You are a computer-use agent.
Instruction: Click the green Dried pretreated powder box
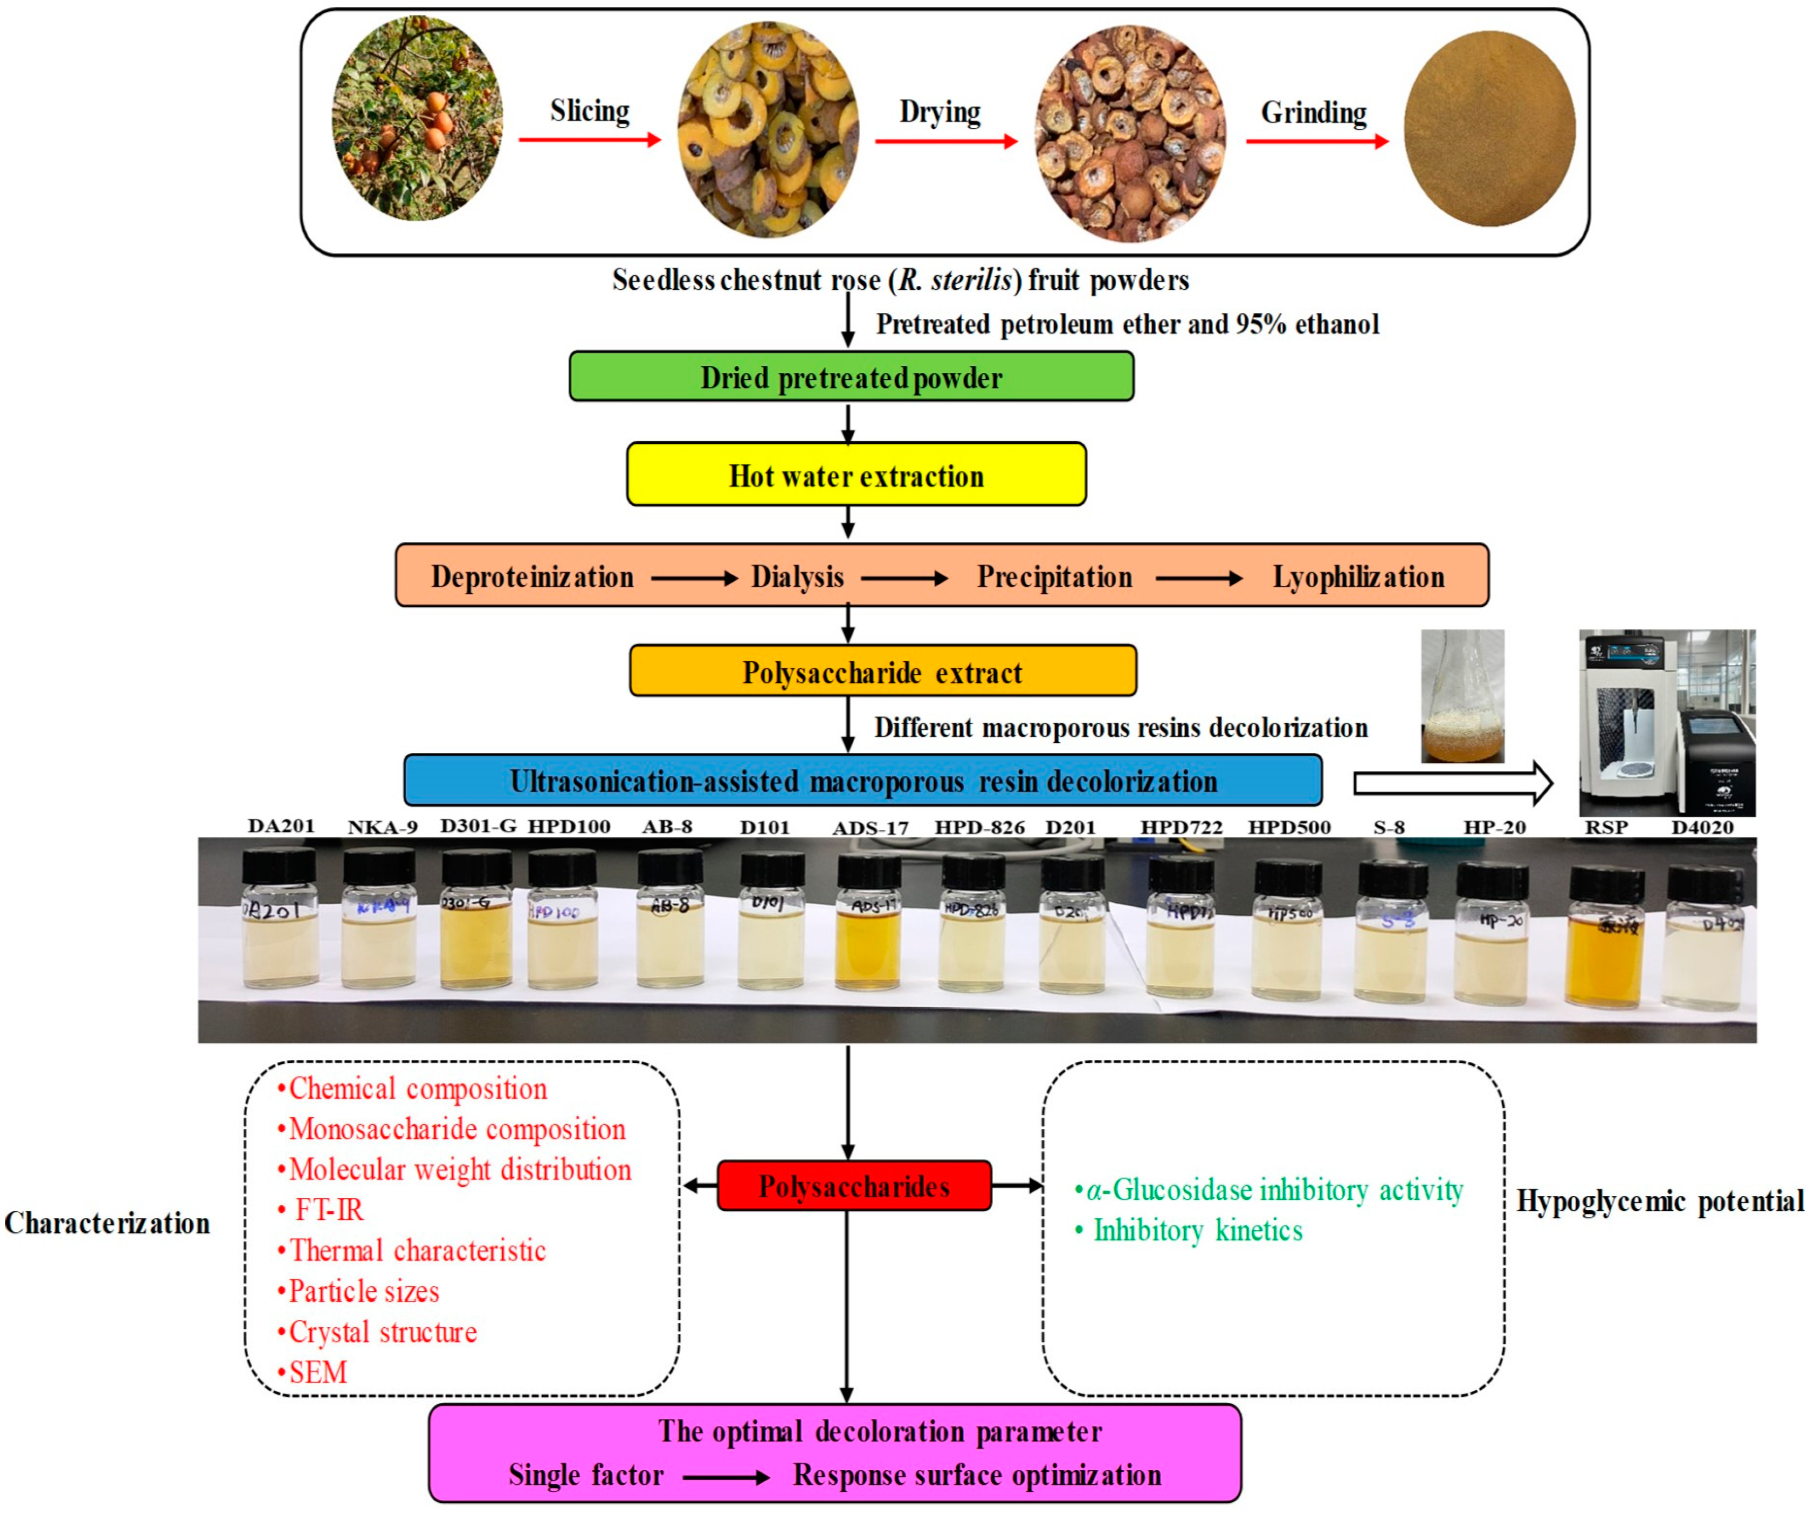click(851, 376)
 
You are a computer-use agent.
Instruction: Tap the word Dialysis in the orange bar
click(796, 576)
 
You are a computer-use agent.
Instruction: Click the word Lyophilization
click(1358, 576)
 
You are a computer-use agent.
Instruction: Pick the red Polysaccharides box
click(853, 1185)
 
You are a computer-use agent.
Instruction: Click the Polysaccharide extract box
click(882, 671)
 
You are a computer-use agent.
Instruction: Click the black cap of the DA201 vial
click(278, 866)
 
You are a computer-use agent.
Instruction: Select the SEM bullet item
click(317, 1372)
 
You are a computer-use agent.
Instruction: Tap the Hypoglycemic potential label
click(1659, 1201)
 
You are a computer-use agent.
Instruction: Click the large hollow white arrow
click(1451, 783)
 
